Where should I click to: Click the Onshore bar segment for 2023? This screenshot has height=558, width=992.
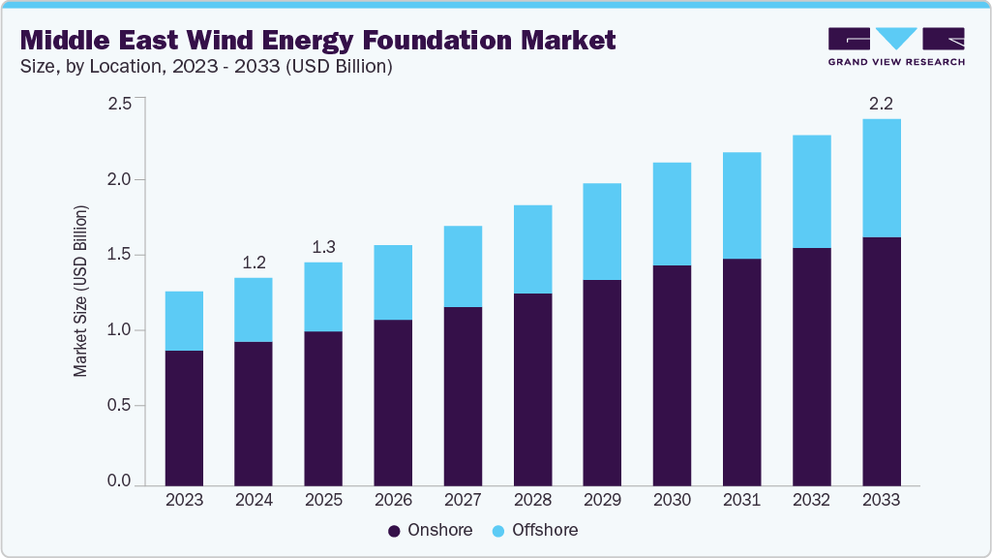pyautogui.click(x=184, y=418)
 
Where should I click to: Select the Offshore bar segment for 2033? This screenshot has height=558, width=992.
pyautogui.click(x=881, y=178)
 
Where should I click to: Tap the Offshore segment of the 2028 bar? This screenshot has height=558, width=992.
pyautogui.click(x=532, y=249)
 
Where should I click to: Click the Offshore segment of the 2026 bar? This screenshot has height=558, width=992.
pyautogui.click(x=393, y=282)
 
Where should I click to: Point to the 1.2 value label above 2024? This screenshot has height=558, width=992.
pyautogui.click(x=254, y=263)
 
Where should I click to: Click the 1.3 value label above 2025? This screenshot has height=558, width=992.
pyautogui.click(x=323, y=247)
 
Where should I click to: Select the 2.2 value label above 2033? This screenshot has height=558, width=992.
pyautogui.click(x=881, y=104)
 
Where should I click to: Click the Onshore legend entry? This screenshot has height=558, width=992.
pyautogui.click(x=430, y=530)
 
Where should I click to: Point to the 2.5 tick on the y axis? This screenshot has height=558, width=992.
pyautogui.click(x=119, y=104)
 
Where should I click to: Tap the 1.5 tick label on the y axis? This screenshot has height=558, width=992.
pyautogui.click(x=119, y=255)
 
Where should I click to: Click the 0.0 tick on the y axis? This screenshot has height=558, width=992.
pyautogui.click(x=119, y=481)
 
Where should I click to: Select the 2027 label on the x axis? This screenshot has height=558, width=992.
pyautogui.click(x=463, y=501)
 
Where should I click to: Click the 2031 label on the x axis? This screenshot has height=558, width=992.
pyautogui.click(x=741, y=501)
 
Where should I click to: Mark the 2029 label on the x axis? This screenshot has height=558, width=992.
pyautogui.click(x=602, y=501)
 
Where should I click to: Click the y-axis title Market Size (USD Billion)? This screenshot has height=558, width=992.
pyautogui.click(x=81, y=291)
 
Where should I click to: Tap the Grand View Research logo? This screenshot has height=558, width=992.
pyautogui.click(x=896, y=46)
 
